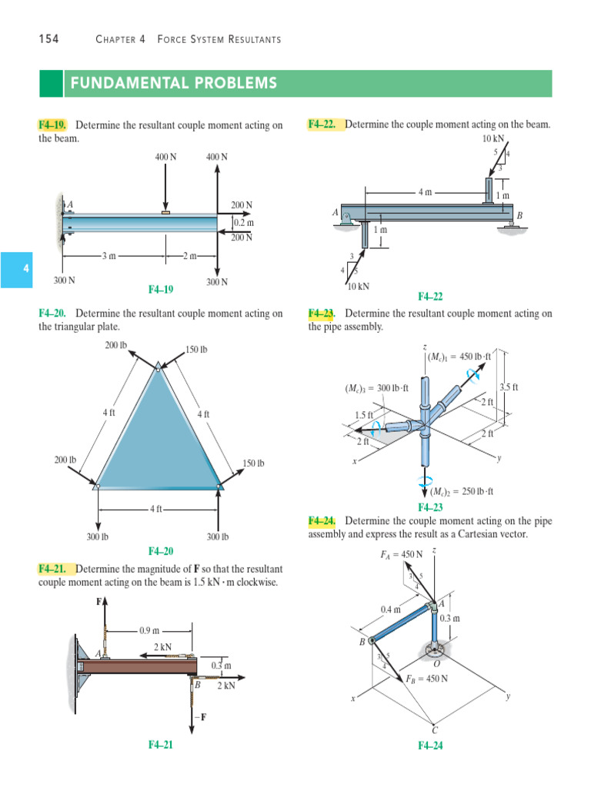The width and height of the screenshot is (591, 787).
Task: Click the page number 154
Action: [x=48, y=39]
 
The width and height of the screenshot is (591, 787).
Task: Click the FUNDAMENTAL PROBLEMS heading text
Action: [x=173, y=83]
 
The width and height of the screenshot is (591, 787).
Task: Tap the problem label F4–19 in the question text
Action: [x=53, y=125]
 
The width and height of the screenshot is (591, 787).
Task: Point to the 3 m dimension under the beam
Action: [x=109, y=255]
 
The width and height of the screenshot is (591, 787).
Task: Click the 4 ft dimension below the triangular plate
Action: [x=157, y=509]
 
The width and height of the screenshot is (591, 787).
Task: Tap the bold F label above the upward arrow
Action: [x=99, y=602]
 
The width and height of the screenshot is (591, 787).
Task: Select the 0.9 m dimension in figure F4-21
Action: [x=149, y=630]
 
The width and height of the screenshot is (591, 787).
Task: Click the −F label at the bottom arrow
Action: [x=204, y=718]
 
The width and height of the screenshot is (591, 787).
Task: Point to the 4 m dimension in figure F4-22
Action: [x=425, y=192]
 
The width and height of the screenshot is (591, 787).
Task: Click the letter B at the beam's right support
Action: [x=519, y=217]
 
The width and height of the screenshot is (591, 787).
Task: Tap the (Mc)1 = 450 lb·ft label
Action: [x=460, y=356]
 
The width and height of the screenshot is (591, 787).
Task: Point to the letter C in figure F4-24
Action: [x=435, y=729]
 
